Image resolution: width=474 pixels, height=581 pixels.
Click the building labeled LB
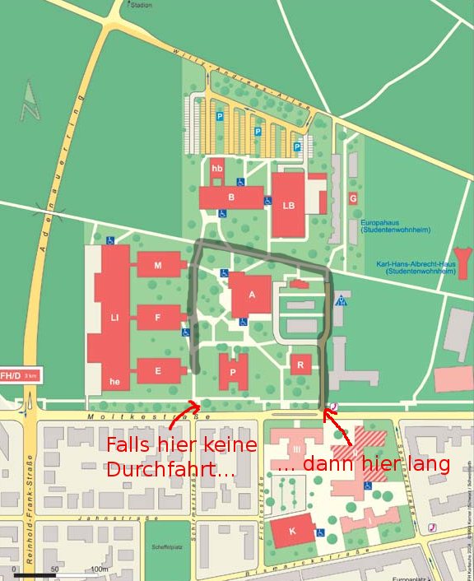pyautogui.click(x=288, y=205)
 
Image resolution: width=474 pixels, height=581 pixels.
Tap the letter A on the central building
pyautogui.click(x=252, y=294)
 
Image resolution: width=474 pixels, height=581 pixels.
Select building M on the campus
pyautogui.click(x=158, y=265)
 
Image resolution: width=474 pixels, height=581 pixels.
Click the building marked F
pyautogui.click(x=158, y=317)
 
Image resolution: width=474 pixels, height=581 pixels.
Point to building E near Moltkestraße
pyautogui.click(x=158, y=370)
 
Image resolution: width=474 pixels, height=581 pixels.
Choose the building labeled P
pyautogui.click(x=234, y=372)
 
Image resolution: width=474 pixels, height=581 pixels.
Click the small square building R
pyautogui.click(x=301, y=364)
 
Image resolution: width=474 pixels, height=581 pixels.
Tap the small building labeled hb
pyautogui.click(x=217, y=169)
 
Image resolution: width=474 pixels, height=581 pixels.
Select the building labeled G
pyautogui.click(x=353, y=198)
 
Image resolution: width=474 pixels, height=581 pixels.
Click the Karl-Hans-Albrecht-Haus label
pyautogui.click(x=416, y=267)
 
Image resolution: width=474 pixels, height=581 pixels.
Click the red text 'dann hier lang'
pyautogui.click(x=364, y=464)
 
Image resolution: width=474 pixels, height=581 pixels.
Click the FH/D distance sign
pyautogui.click(x=19, y=375)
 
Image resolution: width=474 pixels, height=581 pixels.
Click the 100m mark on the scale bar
pyautogui.click(x=100, y=569)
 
